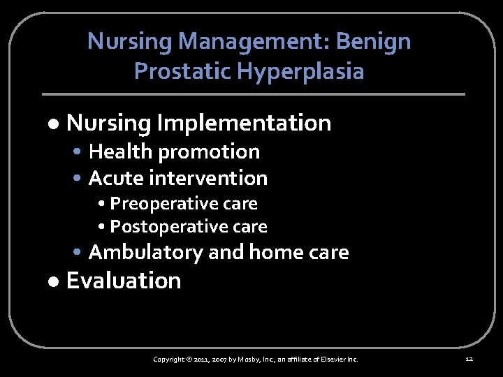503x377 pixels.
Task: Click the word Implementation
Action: pos(244,124)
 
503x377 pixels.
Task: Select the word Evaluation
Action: pos(124,281)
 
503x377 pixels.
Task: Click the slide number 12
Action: pos(469,359)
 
